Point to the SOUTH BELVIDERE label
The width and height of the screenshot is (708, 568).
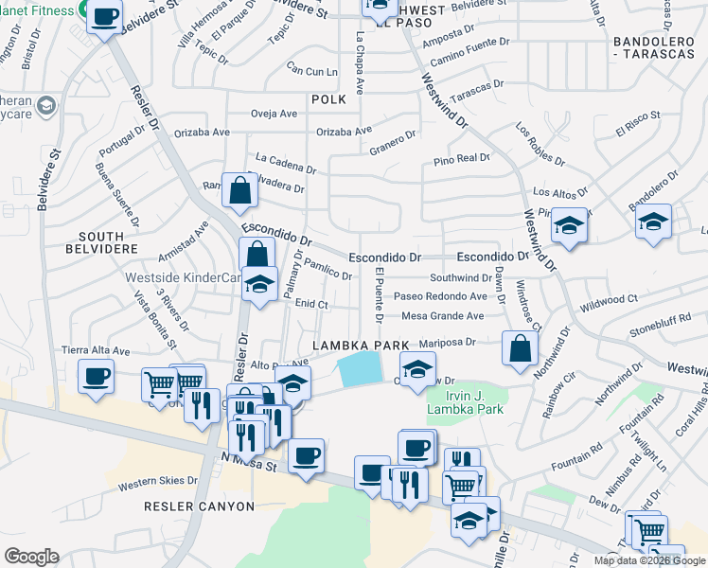pyautogui.click(x=88, y=243)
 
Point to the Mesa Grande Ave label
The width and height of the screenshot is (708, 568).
pyautogui.click(x=443, y=316)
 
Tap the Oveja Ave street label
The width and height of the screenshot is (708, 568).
pyautogui.click(x=274, y=114)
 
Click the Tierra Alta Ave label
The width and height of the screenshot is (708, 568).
pyautogui.click(x=96, y=350)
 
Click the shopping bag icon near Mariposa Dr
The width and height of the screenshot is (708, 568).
pyautogui.click(x=520, y=347)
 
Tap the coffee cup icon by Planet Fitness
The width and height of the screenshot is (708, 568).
pyautogui.click(x=105, y=15)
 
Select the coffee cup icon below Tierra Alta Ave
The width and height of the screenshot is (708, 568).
pyautogui.click(x=96, y=376)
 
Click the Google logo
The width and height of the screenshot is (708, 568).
pyautogui.click(x=31, y=557)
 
